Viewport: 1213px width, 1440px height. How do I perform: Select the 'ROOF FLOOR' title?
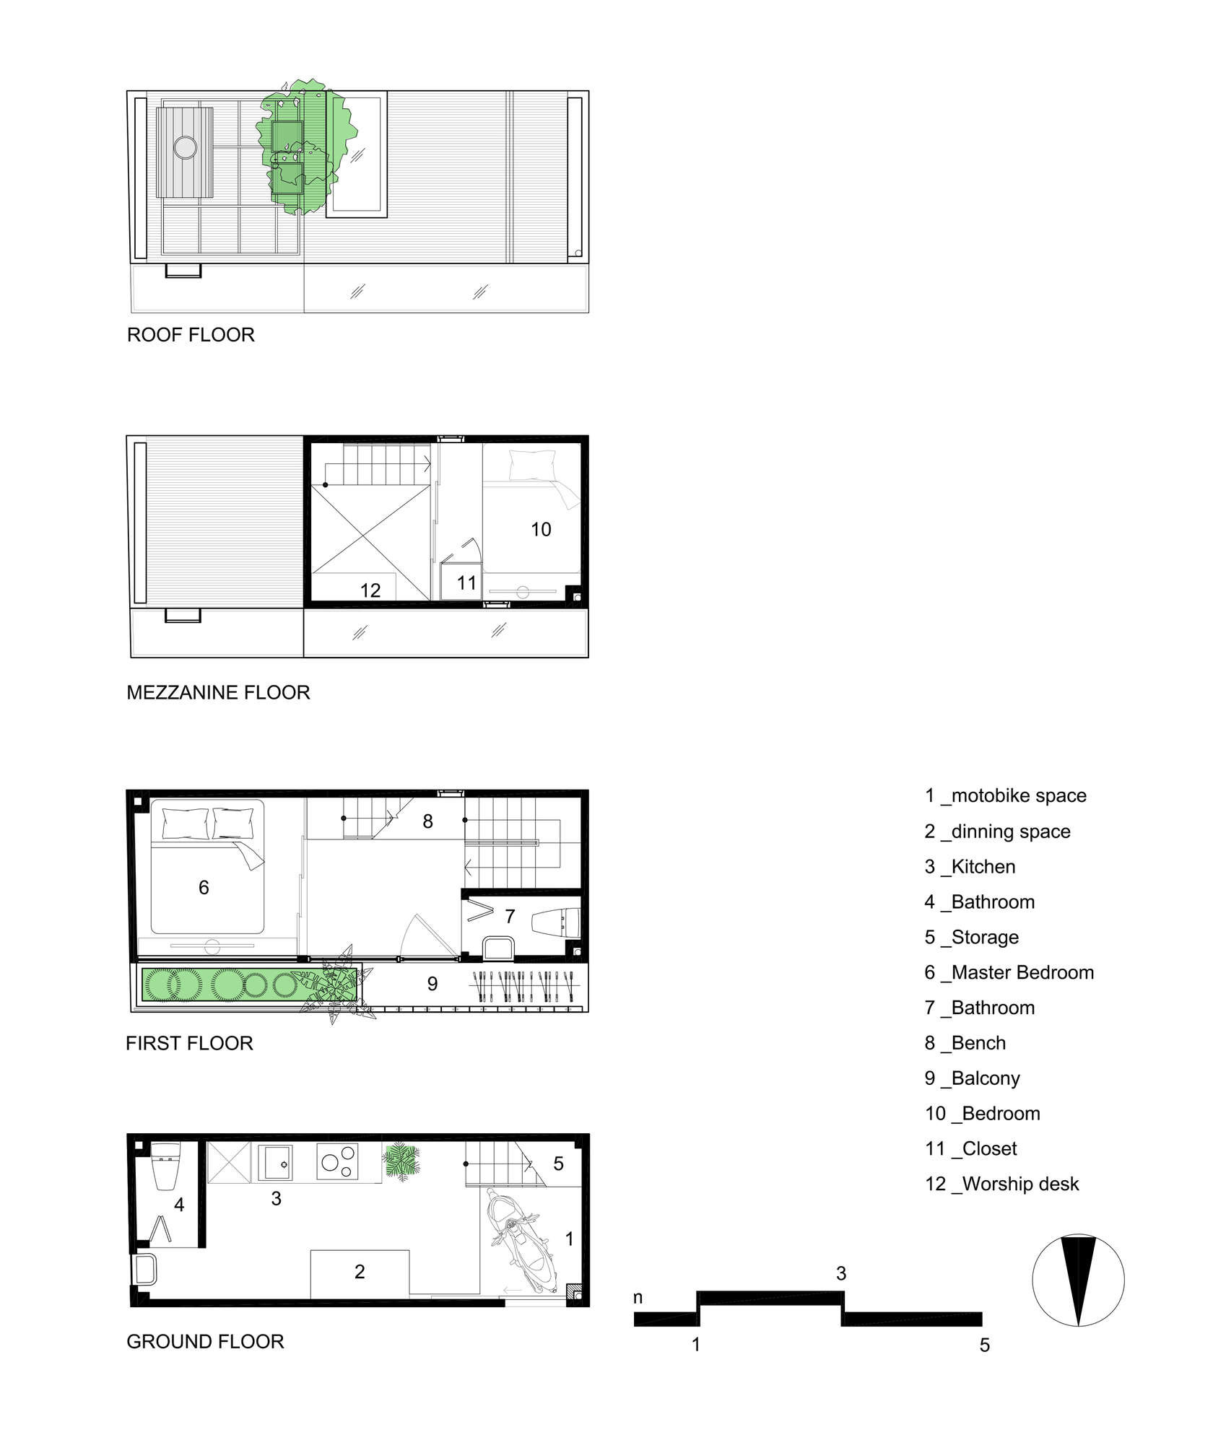pyautogui.click(x=191, y=335)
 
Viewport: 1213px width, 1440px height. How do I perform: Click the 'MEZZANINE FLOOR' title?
pyautogui.click(x=218, y=693)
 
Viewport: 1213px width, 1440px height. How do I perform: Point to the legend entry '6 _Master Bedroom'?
pyautogui.click(x=1009, y=972)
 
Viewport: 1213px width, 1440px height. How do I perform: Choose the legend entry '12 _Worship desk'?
pyautogui.click(x=1002, y=1184)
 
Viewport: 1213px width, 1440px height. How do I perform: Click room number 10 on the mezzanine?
pyautogui.click(x=541, y=530)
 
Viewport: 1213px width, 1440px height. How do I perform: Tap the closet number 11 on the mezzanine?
pyautogui.click(x=466, y=582)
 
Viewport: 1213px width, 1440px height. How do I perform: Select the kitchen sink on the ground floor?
pyautogui.click(x=275, y=1164)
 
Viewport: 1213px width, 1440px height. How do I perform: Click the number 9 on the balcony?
pyautogui.click(x=432, y=984)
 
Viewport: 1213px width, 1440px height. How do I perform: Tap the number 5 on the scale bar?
pyautogui.click(x=985, y=1345)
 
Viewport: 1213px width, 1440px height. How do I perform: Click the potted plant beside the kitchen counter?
pyautogui.click(x=402, y=1161)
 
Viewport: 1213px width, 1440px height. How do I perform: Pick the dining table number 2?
pyautogui.click(x=360, y=1271)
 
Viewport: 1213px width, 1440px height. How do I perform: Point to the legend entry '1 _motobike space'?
pyautogui.click(x=1006, y=795)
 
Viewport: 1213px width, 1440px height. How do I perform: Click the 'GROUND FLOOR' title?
pyautogui.click(x=205, y=1342)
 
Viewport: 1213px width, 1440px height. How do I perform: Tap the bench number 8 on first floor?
pyautogui.click(x=428, y=821)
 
